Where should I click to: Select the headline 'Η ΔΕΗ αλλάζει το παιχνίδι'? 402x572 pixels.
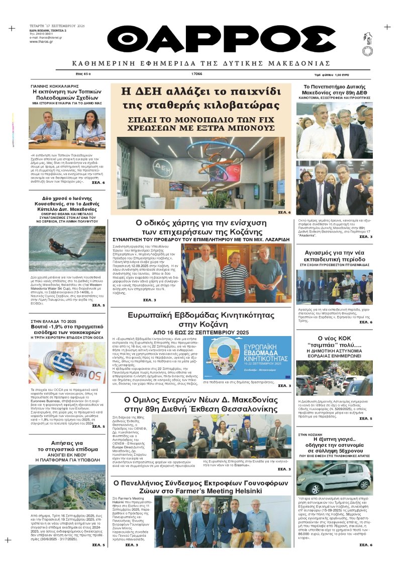pyautogui.click(x=201, y=92)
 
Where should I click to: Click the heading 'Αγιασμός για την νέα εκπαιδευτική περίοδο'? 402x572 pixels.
pyautogui.click(x=334, y=256)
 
